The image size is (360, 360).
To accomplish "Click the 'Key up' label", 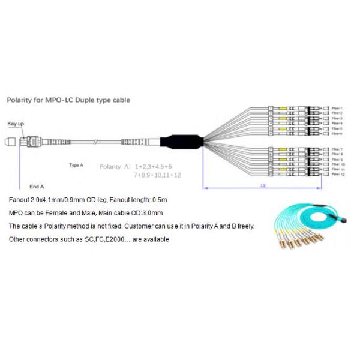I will [x=16, y=124].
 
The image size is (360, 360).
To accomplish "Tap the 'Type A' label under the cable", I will [x=76, y=164].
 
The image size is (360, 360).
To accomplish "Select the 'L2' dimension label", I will [x=263, y=186].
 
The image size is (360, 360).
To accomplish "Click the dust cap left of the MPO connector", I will [x=10, y=143].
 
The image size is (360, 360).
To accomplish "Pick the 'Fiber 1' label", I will [x=337, y=108].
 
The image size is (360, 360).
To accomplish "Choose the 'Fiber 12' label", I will [x=338, y=174].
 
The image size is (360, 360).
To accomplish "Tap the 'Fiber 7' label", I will [x=337, y=148].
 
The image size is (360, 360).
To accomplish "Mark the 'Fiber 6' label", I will [x=337, y=133].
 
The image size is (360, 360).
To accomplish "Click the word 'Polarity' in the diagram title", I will [x=20, y=100].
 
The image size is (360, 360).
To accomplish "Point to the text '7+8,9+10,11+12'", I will [x=158, y=175].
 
